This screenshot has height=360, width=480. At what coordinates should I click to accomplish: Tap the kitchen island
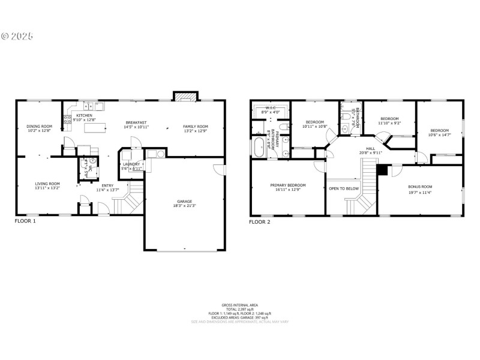(95, 127)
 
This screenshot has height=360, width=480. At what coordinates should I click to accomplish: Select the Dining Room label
(40, 126)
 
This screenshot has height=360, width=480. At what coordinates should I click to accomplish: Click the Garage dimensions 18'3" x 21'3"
(185, 206)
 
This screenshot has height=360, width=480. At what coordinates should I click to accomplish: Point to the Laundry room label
(131, 164)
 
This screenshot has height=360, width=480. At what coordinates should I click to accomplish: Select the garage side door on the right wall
(220, 170)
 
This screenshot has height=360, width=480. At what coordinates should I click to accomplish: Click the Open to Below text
(344, 188)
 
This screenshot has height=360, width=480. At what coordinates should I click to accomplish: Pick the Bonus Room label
(420, 187)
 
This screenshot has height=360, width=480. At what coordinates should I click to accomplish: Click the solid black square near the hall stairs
(381, 170)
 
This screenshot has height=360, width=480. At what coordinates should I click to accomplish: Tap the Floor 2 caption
(260, 222)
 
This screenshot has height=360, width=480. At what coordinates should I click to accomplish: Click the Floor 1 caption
(25, 221)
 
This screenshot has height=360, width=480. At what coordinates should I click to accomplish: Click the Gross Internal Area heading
(239, 305)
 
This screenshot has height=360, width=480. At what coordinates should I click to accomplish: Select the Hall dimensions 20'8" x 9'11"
(371, 152)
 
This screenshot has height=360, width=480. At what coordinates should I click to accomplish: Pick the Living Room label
(47, 184)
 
